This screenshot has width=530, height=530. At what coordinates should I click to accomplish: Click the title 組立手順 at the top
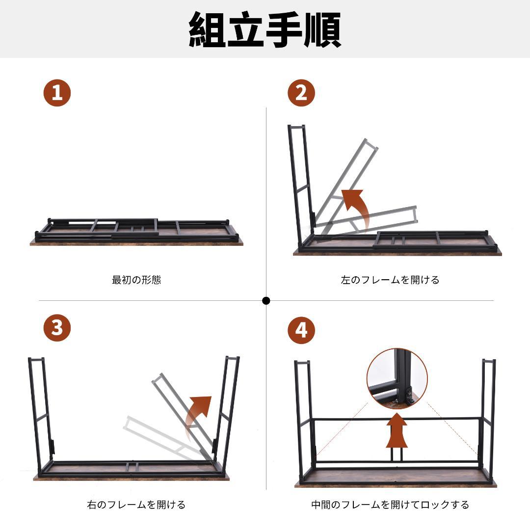[x=265, y=29]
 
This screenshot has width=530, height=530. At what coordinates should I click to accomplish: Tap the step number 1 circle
[x=57, y=93]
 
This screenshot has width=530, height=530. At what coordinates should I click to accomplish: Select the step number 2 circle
[x=301, y=93]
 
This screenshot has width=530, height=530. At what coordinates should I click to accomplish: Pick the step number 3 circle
[x=57, y=327]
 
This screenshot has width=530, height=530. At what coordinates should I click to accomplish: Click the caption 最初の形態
[x=136, y=280]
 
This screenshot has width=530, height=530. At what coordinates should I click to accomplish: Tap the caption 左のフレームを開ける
[x=390, y=280]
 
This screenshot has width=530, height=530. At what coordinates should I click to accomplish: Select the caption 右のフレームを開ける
[x=136, y=504]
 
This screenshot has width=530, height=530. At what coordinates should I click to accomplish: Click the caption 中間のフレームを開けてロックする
[x=390, y=504]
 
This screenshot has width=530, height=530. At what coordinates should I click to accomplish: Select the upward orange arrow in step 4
[x=397, y=432]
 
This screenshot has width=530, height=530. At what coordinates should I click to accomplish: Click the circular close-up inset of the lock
[x=397, y=378]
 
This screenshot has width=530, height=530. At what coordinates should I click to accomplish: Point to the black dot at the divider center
[x=266, y=301]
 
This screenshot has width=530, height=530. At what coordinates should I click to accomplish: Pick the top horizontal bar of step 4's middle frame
[x=397, y=419]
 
